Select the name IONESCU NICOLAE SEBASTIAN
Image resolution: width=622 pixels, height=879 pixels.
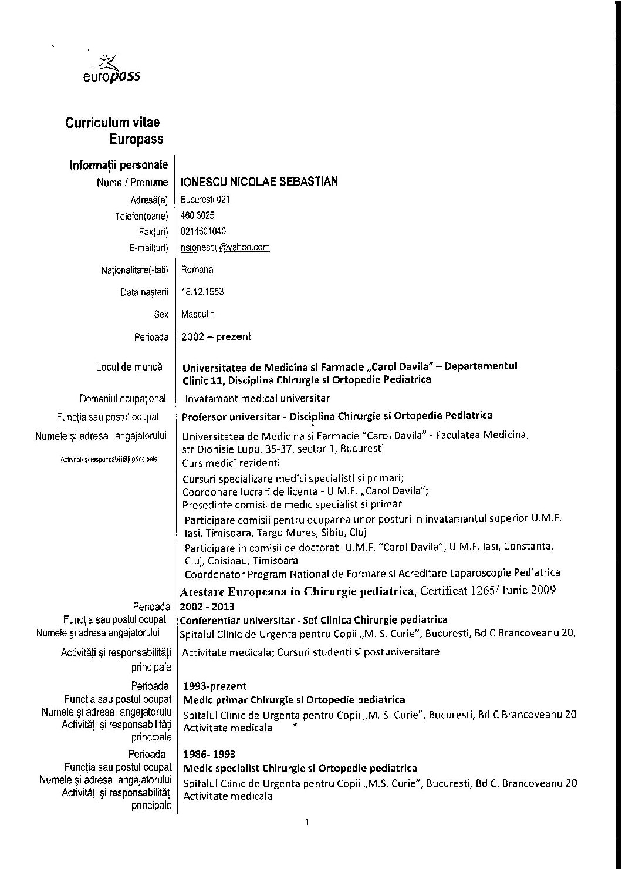(259, 181)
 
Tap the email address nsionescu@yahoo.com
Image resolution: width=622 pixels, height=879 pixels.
(225, 247)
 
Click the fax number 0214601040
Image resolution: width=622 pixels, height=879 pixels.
(204, 231)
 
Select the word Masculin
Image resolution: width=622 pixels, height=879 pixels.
(198, 314)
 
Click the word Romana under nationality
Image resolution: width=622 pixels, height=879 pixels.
(197, 270)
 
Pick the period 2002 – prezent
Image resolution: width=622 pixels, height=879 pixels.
(216, 336)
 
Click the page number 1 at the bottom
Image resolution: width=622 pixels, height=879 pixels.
(307, 822)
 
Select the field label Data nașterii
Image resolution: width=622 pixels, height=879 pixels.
(144, 292)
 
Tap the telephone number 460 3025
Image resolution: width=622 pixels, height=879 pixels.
(198, 215)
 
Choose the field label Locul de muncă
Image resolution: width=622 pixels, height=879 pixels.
(129, 367)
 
